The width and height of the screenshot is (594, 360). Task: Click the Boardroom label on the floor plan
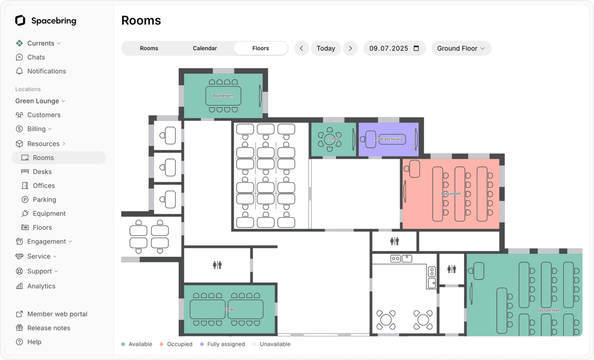223,96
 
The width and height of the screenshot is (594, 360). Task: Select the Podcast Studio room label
388,139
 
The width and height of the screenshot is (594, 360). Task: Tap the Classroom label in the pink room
451,194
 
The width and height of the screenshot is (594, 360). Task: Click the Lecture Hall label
548,310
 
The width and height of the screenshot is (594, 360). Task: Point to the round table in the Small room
330,140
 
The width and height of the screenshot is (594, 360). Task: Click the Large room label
229,309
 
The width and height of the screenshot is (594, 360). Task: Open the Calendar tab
205,48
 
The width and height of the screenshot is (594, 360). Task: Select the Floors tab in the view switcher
261,48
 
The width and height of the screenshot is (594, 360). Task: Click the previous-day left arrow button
301,48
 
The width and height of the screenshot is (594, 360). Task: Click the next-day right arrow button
350,48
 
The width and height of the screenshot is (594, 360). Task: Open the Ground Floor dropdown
461,48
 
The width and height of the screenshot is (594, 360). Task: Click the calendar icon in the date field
416,48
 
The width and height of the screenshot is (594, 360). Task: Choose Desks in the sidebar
42,171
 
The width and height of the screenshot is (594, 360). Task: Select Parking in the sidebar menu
44,200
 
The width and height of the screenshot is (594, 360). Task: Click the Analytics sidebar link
41,286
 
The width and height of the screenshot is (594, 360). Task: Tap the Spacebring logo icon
20,21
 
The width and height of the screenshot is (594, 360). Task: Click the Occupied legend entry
179,344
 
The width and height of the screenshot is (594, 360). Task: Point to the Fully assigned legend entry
226,344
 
